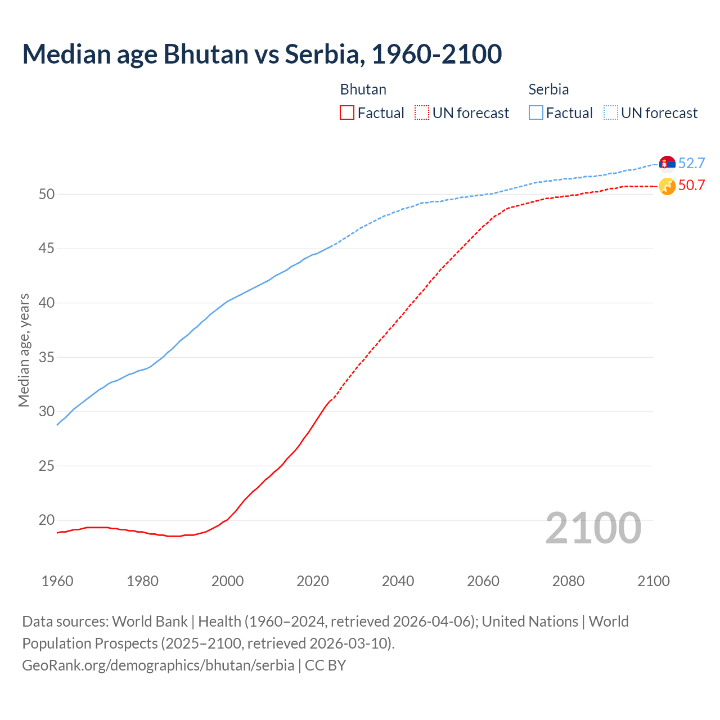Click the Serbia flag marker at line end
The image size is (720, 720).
point(667,163)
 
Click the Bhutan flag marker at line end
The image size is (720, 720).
point(667,186)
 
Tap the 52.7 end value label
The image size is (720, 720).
point(691,163)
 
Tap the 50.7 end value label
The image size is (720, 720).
point(691,185)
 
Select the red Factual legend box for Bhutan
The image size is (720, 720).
point(347,112)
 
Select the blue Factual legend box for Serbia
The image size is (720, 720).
point(536,112)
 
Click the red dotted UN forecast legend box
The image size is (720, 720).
point(422,112)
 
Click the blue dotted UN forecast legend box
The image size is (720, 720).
point(611,112)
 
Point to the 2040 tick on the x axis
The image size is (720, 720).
point(398,581)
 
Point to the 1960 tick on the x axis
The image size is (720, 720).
point(57,581)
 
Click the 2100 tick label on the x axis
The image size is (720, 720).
point(654,581)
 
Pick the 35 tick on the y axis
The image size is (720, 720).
point(47,357)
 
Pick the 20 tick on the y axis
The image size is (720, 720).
point(47,520)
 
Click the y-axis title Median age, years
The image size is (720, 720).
point(24,350)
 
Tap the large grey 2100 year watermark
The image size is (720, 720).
point(593,528)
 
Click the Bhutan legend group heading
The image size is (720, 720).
point(363,89)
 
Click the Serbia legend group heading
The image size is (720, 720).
point(548,89)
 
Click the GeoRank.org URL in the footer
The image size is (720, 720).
point(158,665)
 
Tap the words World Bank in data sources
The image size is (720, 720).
point(150,622)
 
